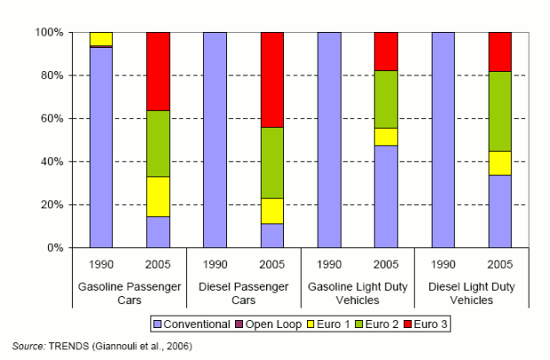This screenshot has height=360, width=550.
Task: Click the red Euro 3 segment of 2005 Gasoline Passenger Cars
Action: click(158, 71)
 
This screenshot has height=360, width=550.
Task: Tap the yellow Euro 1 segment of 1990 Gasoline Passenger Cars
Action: click(101, 39)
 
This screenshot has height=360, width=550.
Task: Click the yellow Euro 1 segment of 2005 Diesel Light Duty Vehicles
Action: click(500, 163)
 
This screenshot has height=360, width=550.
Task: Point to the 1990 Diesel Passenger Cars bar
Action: click(216, 140)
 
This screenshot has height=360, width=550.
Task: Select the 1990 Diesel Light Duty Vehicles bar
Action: click(444, 140)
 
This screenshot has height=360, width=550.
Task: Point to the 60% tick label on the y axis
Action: click(51, 119)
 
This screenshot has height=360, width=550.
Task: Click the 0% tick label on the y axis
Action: click(54, 248)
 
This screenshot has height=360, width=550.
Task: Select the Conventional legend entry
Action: click(192, 325)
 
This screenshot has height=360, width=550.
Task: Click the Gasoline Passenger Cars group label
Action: click(130, 293)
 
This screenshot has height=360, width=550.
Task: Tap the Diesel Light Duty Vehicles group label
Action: click(472, 293)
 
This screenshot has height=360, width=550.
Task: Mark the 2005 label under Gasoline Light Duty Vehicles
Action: click(386, 264)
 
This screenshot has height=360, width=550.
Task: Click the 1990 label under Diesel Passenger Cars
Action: click(216, 264)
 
